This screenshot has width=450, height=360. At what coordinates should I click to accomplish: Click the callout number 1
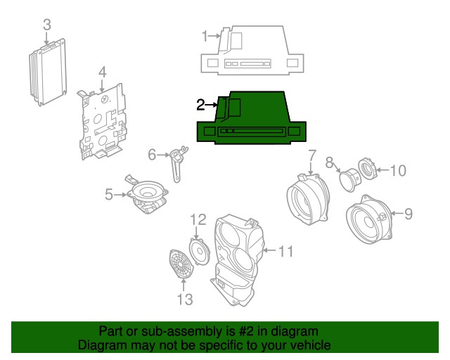coord(205,35)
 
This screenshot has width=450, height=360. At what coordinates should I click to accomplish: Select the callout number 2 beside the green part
coord(200,105)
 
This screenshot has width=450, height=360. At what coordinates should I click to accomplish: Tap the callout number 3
coord(46,25)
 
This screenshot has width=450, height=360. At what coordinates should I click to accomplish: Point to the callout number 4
coord(102,72)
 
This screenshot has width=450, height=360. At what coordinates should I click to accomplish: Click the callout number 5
coord(109,194)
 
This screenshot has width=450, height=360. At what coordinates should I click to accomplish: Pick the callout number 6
coord(151,154)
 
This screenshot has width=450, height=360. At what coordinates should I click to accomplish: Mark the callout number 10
coord(398,169)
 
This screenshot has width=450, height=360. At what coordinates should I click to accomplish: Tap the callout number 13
coord(184,302)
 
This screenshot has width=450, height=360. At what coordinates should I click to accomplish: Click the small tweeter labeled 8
coord(349,179)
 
